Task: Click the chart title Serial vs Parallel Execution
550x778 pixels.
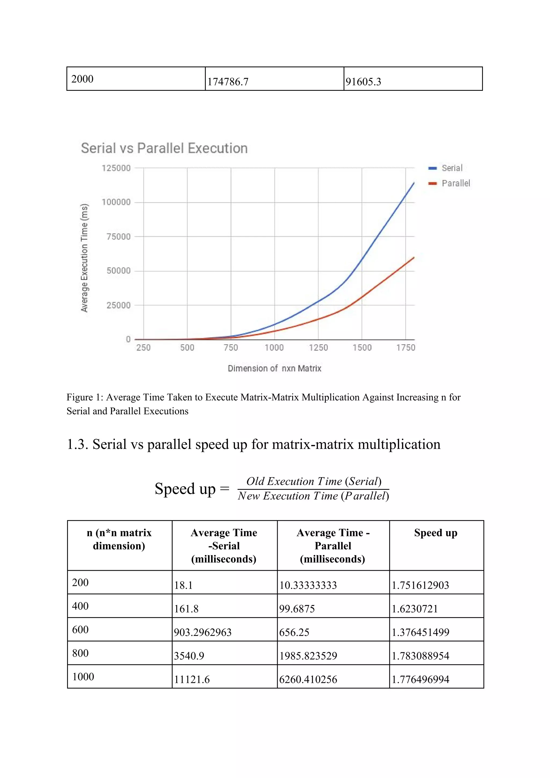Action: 164,149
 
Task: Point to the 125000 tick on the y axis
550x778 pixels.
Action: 116,168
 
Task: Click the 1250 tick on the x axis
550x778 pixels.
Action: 318,348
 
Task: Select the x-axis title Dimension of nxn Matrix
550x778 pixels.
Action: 274,368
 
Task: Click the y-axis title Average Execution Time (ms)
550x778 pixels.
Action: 84,258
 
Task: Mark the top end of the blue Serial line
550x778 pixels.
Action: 414,183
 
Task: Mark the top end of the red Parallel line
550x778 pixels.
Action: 414,258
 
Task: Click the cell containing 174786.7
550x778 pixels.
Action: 228,82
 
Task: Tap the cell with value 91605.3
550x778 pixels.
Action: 363,82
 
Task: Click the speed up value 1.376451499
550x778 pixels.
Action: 420,632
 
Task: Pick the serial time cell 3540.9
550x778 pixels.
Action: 189,656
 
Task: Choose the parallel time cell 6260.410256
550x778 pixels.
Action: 308,679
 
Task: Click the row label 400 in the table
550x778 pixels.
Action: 80,606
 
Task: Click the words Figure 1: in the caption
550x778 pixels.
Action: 85,397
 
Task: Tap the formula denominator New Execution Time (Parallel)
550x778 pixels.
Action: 313,496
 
